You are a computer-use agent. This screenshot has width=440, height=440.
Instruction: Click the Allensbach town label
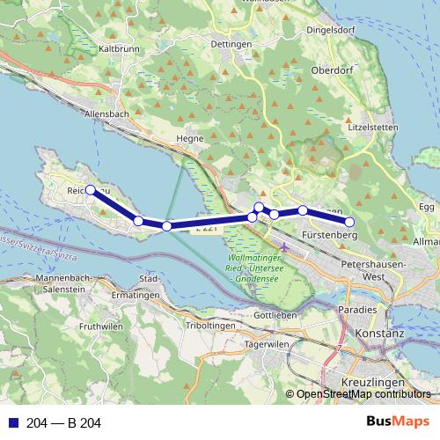point(106,114)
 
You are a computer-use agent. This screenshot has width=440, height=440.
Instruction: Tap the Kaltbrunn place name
point(120,49)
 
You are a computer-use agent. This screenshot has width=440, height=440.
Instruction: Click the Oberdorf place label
point(332,73)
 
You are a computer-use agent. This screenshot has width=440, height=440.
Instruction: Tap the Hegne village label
point(191,138)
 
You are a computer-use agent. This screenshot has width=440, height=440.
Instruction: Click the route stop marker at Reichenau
point(91,189)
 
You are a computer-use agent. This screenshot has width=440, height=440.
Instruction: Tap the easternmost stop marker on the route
point(349,222)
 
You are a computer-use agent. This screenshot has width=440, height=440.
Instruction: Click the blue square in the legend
point(13,423)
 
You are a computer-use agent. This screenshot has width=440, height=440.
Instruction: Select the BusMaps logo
point(397,422)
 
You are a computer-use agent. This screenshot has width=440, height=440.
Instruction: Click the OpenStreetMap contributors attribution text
point(363,393)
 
